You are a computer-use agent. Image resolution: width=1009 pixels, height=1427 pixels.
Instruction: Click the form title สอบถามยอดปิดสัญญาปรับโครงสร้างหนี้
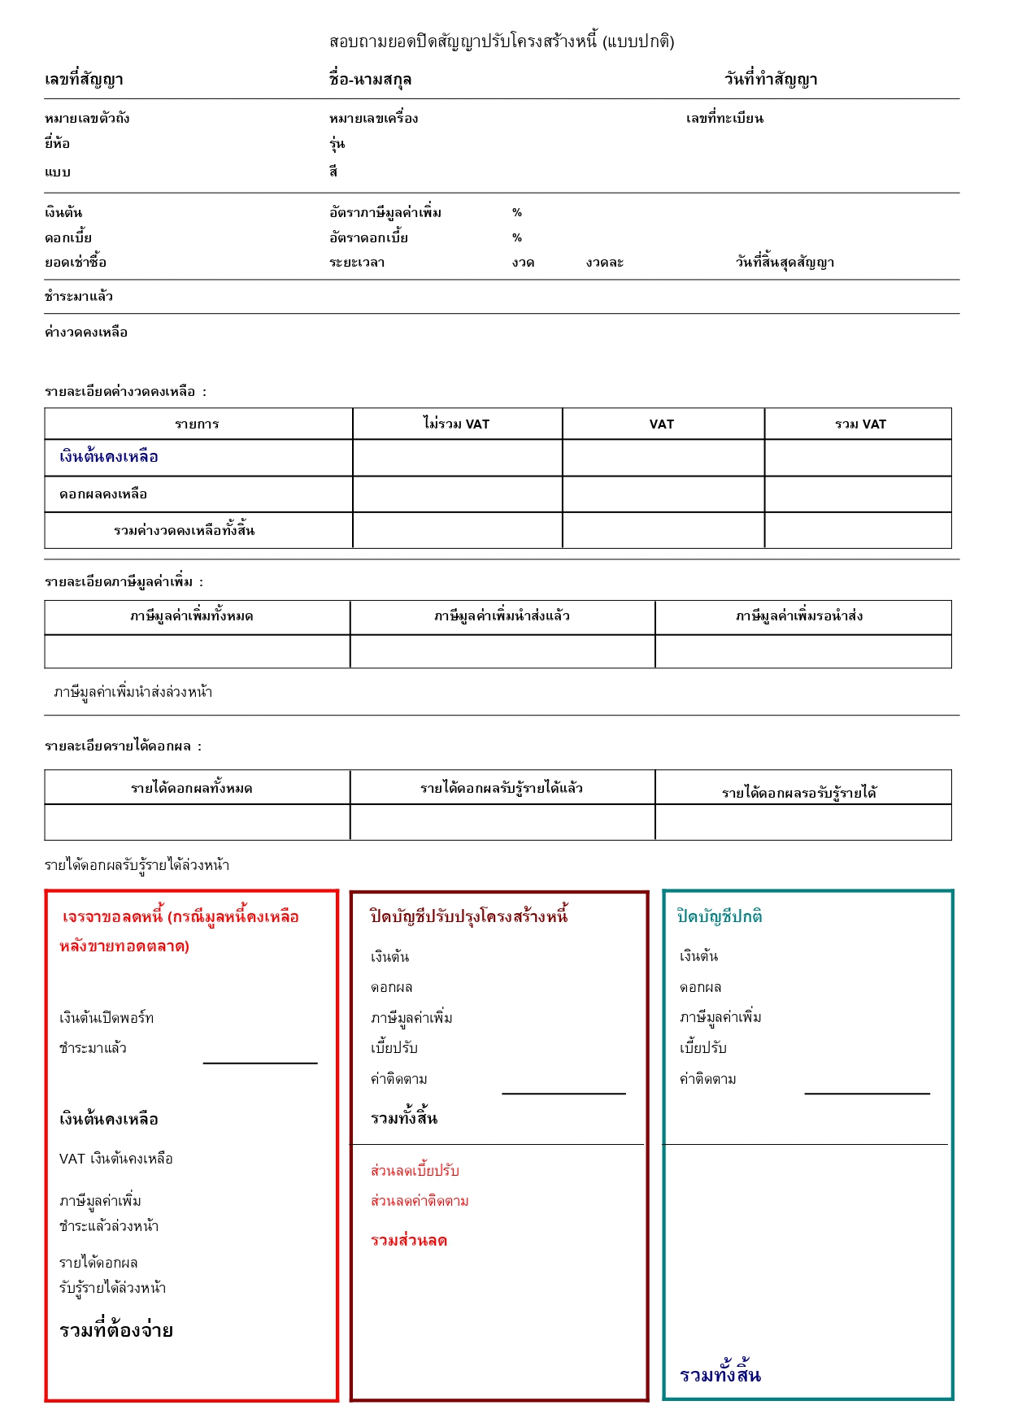502,41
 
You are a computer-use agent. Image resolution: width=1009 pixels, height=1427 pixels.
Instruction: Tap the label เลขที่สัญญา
84,80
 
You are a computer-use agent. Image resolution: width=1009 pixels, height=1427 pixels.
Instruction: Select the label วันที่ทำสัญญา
771,80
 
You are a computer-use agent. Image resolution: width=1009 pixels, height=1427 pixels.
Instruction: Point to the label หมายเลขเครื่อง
373,119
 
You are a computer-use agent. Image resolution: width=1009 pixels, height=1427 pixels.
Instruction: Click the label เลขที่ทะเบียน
724,119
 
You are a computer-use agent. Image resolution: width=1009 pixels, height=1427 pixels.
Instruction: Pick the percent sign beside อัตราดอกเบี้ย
517,238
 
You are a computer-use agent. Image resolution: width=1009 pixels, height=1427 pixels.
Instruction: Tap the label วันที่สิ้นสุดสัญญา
785,263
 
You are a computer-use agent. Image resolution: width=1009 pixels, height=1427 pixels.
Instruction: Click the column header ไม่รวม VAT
457,424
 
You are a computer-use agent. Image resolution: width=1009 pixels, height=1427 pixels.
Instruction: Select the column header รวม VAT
860,424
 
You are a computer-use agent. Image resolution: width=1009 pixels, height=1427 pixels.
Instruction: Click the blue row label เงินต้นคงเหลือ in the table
109,457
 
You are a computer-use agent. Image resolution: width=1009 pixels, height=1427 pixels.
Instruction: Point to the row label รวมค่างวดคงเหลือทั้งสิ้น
185,531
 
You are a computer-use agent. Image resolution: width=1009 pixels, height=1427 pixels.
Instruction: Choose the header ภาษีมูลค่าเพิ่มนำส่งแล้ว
502,616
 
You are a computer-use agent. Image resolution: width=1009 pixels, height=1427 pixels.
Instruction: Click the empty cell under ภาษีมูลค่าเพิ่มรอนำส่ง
802,651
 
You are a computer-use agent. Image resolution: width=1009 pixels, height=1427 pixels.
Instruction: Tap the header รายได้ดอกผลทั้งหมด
192,788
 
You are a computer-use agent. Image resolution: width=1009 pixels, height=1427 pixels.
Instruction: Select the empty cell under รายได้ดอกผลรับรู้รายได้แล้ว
502,822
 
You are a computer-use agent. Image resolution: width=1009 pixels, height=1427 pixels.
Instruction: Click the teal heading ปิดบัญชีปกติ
720,916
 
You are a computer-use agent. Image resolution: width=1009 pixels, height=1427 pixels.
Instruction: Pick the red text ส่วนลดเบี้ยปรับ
415,1171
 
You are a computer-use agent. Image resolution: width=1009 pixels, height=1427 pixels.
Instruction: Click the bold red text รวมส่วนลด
409,1241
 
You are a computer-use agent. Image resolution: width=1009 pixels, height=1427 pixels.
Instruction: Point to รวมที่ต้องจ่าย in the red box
116,1331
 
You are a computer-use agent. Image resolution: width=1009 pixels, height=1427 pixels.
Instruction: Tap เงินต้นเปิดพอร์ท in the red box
107,1018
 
